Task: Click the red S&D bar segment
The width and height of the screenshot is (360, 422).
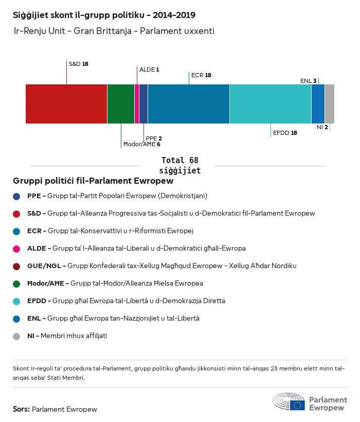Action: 66,104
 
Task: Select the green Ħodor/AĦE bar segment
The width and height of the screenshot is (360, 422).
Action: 121,104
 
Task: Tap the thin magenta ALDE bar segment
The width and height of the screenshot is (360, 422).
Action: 137,104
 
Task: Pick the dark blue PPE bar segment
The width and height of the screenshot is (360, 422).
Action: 143,104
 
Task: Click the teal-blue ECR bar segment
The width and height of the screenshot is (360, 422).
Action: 189,104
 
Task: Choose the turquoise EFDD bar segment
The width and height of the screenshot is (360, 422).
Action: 271,104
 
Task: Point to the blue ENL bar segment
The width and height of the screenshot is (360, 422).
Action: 318,104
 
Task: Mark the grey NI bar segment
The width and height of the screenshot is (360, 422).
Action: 330,104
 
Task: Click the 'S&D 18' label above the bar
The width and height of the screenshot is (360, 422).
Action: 79,64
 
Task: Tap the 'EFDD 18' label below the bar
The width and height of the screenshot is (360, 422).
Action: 285,133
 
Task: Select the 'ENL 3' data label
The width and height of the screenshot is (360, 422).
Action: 309,81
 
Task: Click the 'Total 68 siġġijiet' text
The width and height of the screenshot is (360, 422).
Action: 179,165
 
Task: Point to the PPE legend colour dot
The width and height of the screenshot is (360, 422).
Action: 16,196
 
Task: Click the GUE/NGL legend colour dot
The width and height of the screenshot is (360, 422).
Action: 16,266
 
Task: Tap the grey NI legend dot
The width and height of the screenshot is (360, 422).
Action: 16,336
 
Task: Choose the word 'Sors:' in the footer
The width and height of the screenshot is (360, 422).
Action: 22,410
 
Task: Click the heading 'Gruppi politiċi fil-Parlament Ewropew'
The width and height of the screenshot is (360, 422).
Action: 93,181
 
